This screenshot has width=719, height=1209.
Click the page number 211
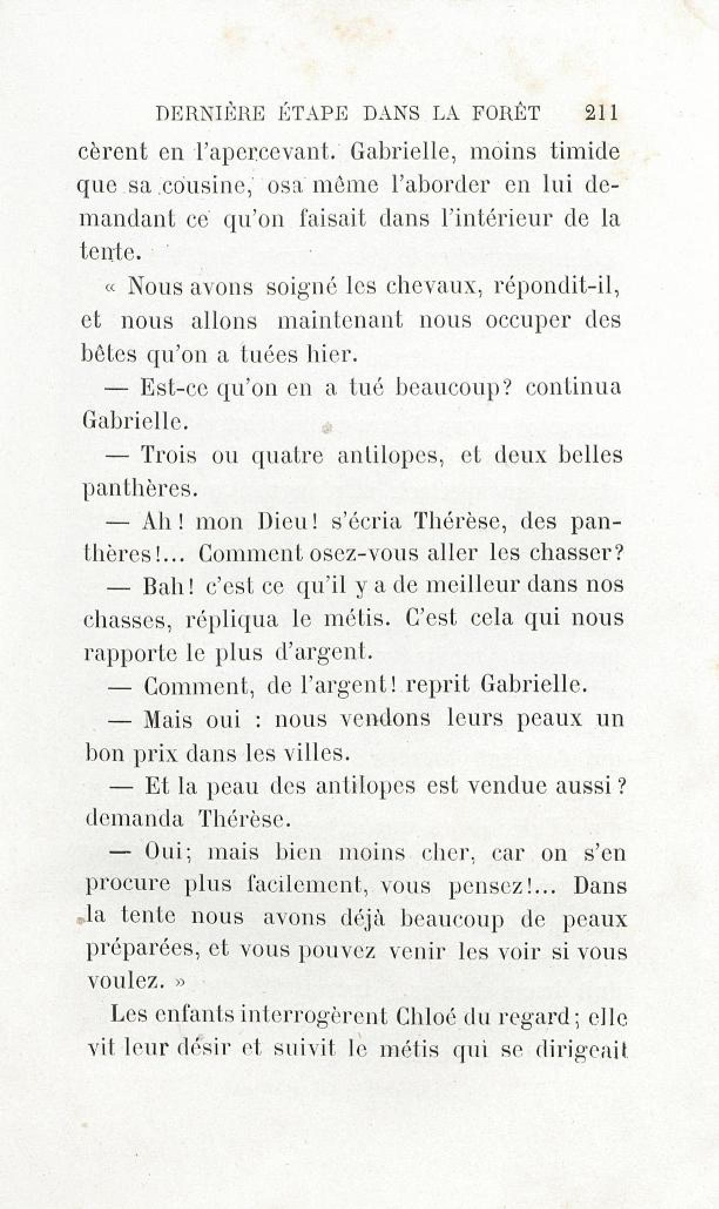(x=602, y=112)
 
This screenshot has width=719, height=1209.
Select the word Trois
(x=169, y=455)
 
